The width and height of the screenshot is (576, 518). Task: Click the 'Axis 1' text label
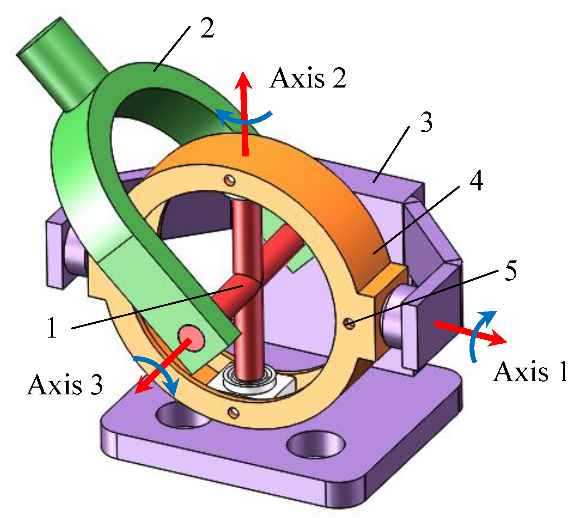pyautogui.click(x=530, y=372)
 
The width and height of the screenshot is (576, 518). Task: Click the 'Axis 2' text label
pyautogui.click(x=308, y=78)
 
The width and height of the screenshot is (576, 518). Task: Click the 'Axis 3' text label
pyautogui.click(x=65, y=385)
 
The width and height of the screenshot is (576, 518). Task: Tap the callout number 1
pyautogui.click(x=52, y=328)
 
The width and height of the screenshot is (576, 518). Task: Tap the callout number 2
pyautogui.click(x=207, y=29)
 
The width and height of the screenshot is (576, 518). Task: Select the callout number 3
pyautogui.click(x=426, y=123)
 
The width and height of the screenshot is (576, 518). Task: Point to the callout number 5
pyautogui.click(x=511, y=270)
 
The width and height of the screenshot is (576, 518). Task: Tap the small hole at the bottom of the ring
pyautogui.click(x=234, y=413)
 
